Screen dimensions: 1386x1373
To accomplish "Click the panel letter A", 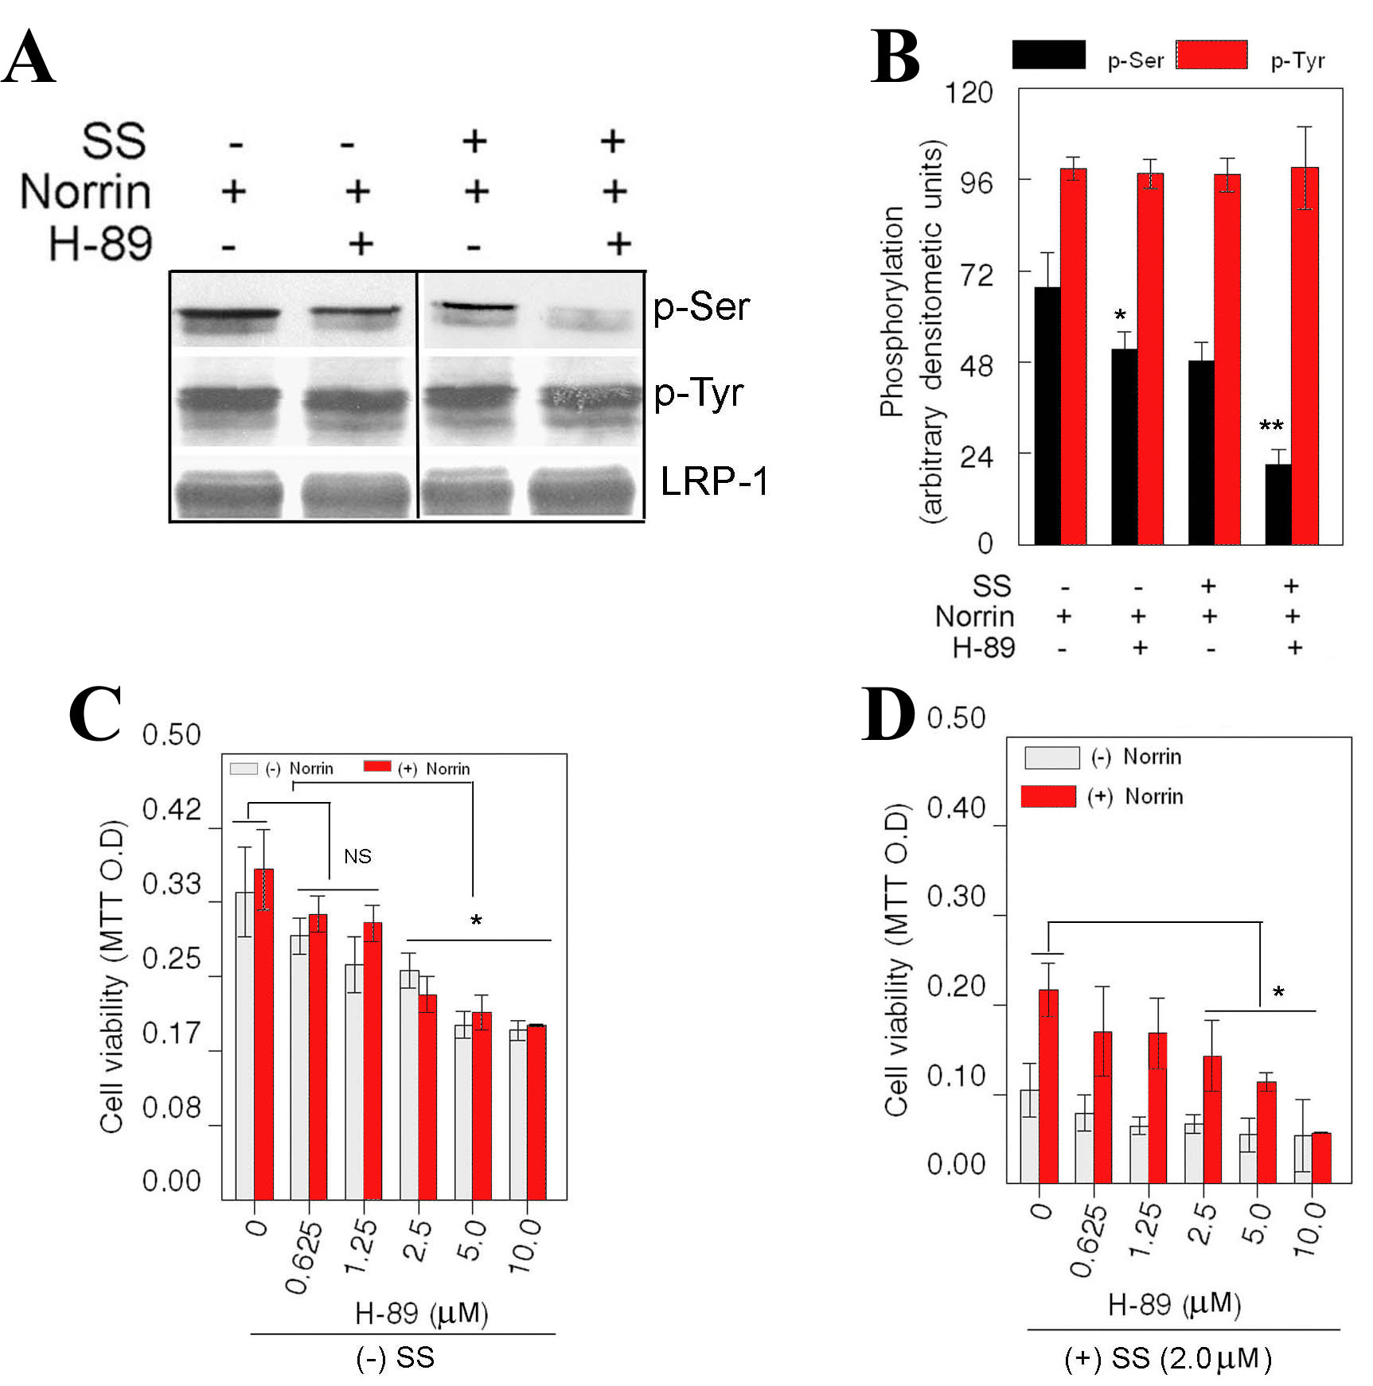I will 29,57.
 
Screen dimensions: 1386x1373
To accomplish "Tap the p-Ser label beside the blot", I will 700,308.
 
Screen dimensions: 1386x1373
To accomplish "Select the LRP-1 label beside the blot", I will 714,481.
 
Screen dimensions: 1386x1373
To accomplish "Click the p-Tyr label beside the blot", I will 698,394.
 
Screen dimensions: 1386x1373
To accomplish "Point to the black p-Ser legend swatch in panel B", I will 1048,54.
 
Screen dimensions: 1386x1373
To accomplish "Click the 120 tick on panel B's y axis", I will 969,93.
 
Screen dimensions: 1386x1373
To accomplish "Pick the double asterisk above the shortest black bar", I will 1271,426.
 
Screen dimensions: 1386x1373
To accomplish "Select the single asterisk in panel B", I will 1120,315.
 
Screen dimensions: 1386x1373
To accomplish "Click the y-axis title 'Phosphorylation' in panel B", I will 893,310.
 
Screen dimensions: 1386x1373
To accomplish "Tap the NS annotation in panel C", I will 357,856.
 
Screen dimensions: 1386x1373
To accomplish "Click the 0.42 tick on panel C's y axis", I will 171,810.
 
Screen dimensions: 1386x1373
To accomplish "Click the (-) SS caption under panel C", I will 396,1357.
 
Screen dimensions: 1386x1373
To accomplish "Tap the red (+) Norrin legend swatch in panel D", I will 1048,796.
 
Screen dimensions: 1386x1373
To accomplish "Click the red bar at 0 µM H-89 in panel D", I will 1048,1086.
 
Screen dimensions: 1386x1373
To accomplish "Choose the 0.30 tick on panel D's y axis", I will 956,897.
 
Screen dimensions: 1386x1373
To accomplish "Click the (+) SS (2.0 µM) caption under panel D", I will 1168,1358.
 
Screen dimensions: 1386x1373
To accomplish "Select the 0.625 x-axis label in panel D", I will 1089,1240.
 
